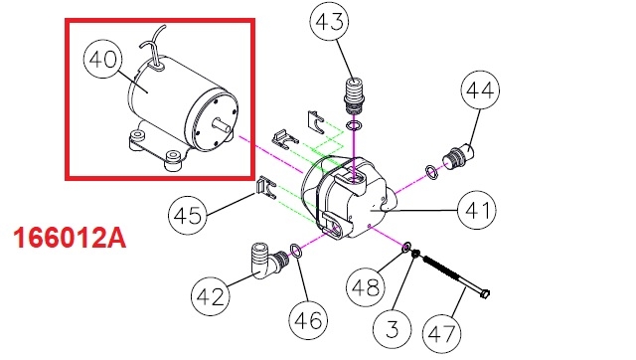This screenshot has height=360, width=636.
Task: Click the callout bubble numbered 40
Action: point(102,60)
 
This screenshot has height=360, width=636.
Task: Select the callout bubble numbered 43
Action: point(329,21)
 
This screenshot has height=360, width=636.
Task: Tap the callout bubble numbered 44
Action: point(480,90)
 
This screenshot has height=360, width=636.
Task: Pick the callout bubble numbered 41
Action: point(476,210)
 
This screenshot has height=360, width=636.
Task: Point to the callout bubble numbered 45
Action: point(188,215)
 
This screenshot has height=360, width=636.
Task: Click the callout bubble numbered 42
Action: point(210,296)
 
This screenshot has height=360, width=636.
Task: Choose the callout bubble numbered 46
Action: point(308,320)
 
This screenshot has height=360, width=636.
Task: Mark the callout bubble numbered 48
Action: point(365,287)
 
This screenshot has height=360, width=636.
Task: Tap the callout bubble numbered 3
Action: point(393,328)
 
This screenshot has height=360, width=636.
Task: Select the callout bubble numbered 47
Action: point(442,334)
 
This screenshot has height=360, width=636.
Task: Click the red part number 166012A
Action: point(70,239)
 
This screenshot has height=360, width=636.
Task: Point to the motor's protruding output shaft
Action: point(223,125)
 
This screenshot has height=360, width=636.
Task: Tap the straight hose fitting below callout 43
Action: point(354,95)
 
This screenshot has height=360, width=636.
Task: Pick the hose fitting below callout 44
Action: point(459,156)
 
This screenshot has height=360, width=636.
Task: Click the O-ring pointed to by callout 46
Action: point(296,251)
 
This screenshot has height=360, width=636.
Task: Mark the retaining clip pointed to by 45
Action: point(265,188)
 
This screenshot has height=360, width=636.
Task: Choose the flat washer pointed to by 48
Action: point(406,247)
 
